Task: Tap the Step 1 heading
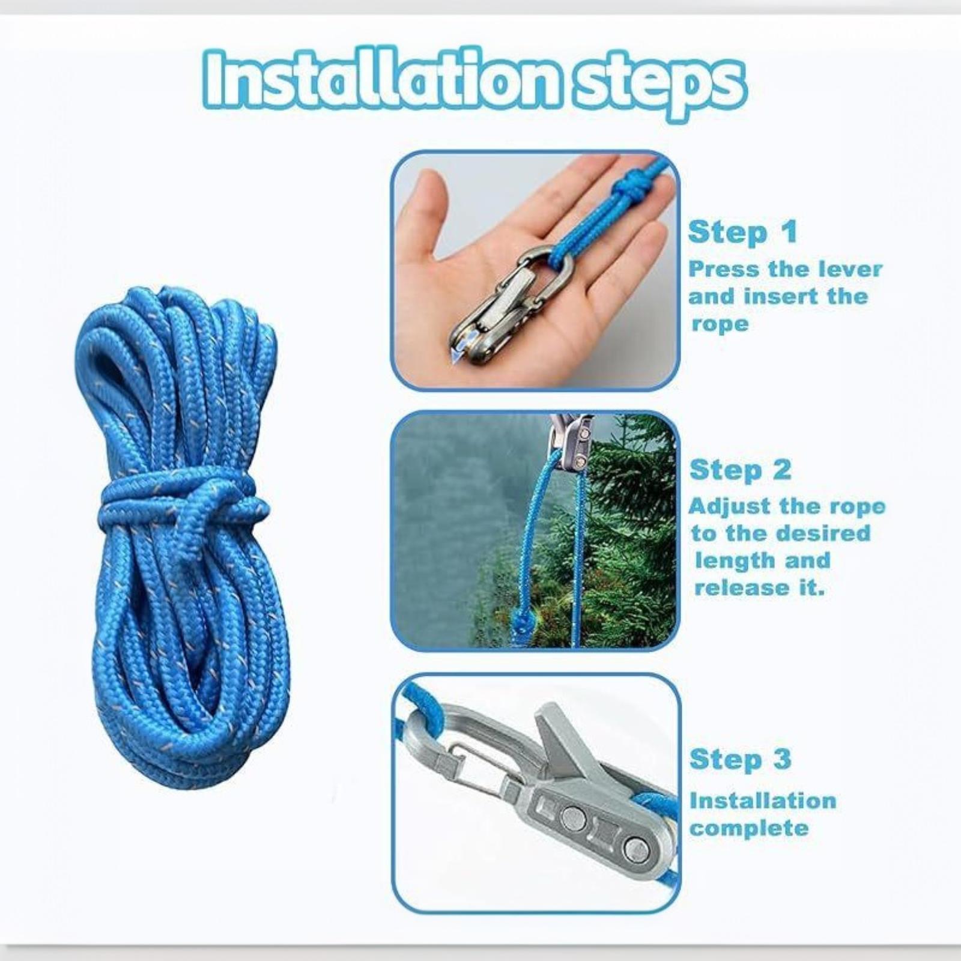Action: click(742, 232)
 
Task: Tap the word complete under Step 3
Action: click(749, 829)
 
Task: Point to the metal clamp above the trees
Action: click(571, 441)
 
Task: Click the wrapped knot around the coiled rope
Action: click(180, 502)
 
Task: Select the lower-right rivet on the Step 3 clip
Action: click(635, 848)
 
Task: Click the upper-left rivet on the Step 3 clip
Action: click(574, 817)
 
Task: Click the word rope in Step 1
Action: click(720, 324)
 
